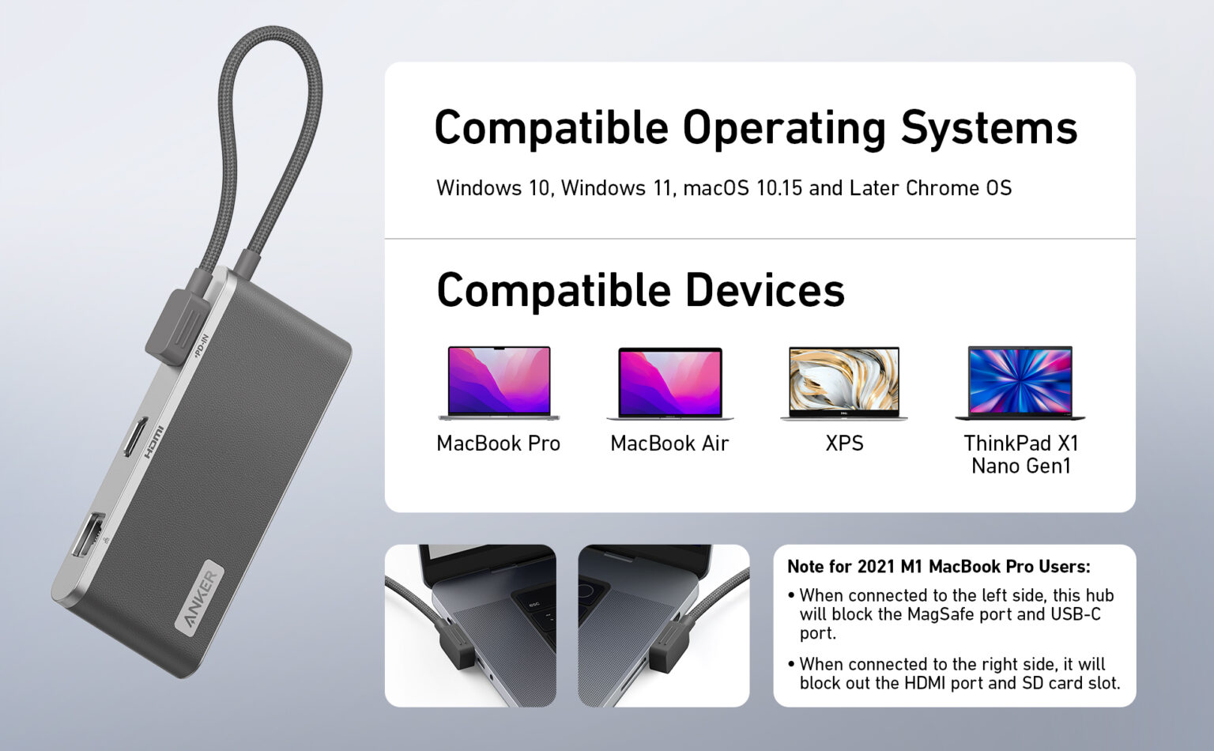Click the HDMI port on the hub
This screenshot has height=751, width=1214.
[x=136, y=437]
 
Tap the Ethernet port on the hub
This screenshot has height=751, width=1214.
[x=89, y=534]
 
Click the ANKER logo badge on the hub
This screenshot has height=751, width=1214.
[x=199, y=597]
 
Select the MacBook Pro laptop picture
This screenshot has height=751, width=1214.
[x=500, y=383]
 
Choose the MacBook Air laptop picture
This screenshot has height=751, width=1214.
[x=670, y=383]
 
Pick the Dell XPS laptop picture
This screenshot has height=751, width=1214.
[x=844, y=383]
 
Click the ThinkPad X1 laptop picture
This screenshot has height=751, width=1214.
[x=1020, y=383]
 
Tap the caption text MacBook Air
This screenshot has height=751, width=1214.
[x=669, y=443]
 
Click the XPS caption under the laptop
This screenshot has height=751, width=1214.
[x=844, y=443]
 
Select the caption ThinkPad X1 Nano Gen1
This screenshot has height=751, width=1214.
[x=1021, y=455]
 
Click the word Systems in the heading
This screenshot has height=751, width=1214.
[x=989, y=127]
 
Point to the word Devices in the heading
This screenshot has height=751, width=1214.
[x=765, y=290]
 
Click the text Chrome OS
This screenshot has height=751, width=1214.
[x=958, y=188]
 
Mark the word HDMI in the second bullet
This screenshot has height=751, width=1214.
[x=926, y=683]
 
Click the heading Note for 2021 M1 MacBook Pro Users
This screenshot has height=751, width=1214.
[x=939, y=567]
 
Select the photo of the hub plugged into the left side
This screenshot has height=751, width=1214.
[x=470, y=626]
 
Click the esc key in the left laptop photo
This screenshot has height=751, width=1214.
[x=533, y=604]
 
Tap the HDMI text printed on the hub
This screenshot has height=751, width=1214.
[x=154, y=443]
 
